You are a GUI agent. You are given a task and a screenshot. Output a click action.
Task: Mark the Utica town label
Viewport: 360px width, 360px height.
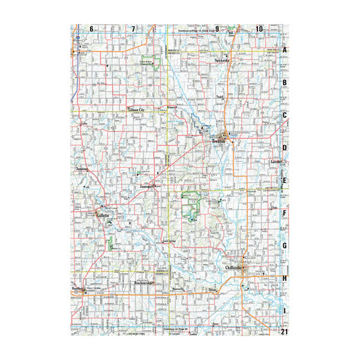click(211, 290)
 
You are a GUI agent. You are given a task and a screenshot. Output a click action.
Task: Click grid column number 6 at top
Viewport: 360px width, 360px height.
click(92, 29)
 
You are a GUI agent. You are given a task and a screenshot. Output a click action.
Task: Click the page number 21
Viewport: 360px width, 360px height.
click(286, 332)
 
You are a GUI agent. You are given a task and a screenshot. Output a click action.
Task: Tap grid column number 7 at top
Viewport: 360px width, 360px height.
click(133, 29)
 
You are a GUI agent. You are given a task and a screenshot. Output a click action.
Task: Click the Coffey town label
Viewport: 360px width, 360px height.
click(85, 123)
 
